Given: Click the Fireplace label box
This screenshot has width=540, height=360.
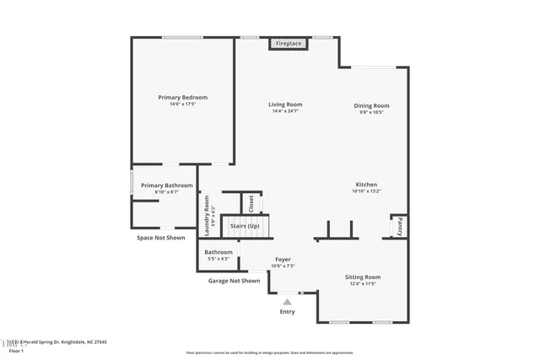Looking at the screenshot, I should (x=288, y=42).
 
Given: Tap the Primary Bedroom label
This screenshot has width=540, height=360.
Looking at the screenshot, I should (x=183, y=98).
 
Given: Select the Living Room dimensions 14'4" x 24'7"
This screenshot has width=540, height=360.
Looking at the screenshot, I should (x=285, y=111).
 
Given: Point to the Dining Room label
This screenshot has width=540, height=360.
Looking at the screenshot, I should (x=370, y=105).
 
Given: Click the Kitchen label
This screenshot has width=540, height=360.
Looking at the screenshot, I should (x=366, y=185).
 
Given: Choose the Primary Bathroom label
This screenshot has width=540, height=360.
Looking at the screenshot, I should (x=166, y=185).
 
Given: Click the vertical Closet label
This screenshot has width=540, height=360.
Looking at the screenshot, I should (x=251, y=203).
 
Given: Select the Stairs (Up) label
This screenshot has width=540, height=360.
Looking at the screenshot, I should (x=245, y=226).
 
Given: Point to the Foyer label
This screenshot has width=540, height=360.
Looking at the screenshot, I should (x=283, y=260).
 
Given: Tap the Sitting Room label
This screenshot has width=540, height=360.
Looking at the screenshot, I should (x=363, y=277).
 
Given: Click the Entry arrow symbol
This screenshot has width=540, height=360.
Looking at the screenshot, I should (x=288, y=299).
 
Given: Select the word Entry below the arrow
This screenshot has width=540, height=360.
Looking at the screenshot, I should (x=288, y=312).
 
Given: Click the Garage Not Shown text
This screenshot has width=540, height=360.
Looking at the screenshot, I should (x=234, y=281).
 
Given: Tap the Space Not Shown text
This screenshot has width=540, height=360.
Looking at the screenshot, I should (x=160, y=238).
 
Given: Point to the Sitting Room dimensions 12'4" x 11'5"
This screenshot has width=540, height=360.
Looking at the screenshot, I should (x=363, y=284).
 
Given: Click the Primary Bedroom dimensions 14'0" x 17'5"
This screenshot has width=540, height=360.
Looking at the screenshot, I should (x=183, y=105).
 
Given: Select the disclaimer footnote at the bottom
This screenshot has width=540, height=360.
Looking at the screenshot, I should (x=271, y=352).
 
